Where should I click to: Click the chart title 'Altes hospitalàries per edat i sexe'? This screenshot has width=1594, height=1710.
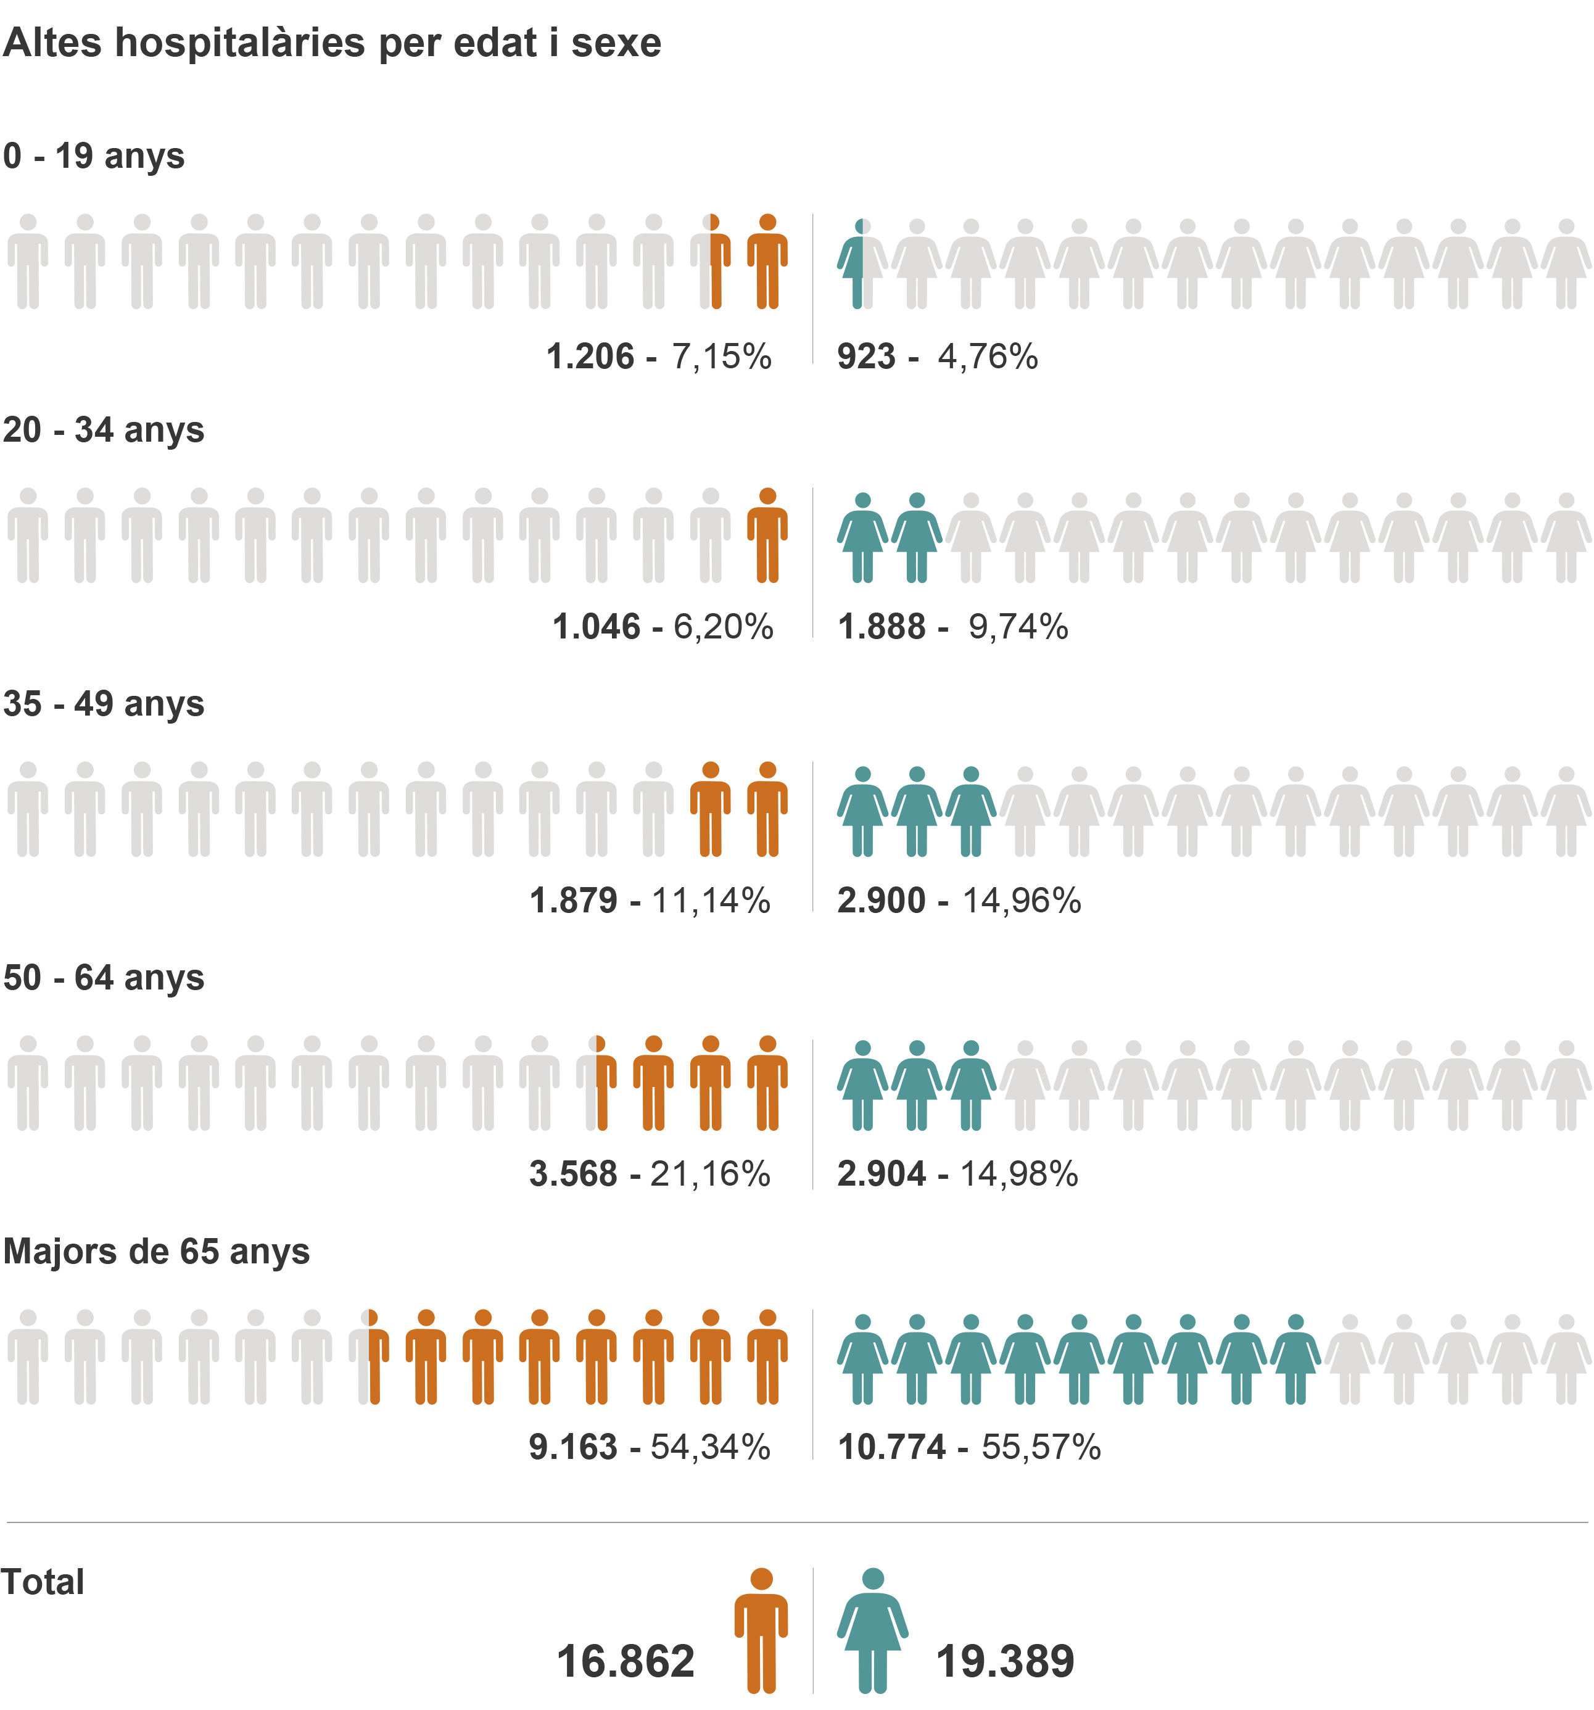(x=332, y=43)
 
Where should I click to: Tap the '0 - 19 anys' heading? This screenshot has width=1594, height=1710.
(x=94, y=157)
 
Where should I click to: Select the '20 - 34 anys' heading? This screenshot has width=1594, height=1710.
(x=103, y=430)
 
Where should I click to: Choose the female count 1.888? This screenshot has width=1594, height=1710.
(x=882, y=627)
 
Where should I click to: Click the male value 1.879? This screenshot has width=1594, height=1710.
(x=574, y=901)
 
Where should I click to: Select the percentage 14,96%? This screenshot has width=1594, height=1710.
(x=1021, y=901)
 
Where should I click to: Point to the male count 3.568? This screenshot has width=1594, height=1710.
(x=574, y=1174)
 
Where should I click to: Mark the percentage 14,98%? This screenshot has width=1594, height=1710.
(x=1018, y=1174)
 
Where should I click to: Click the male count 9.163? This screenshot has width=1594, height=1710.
(x=574, y=1448)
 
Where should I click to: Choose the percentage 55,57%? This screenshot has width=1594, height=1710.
(x=1041, y=1448)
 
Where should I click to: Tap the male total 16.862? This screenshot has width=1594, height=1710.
(x=626, y=1661)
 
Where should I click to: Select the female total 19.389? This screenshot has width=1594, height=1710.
(x=1005, y=1661)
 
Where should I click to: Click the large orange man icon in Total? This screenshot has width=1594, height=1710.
(x=761, y=1630)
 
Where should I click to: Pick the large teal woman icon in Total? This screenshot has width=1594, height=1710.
(x=872, y=1630)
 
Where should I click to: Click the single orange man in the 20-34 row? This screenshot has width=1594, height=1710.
(x=767, y=535)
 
